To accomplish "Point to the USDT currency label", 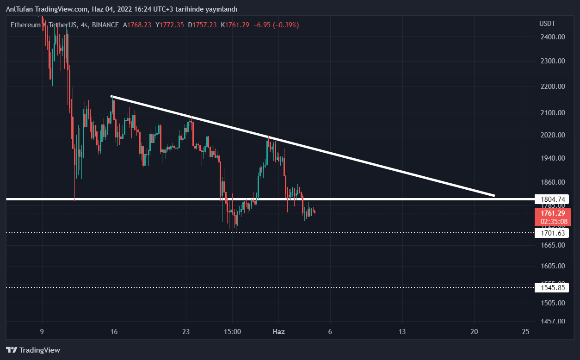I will click(x=547, y=24).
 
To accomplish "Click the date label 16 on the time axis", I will click(x=114, y=332).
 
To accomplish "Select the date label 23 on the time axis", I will click(x=186, y=332).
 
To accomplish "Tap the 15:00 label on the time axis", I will click(x=232, y=332).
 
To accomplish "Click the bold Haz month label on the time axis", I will click(x=278, y=332).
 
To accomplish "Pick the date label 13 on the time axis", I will click(x=402, y=332).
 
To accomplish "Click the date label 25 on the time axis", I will click(x=525, y=332).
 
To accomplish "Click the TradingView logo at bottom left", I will click(x=33, y=350).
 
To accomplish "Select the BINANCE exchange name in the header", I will click(x=105, y=25).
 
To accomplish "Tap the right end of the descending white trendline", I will click(x=494, y=195).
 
